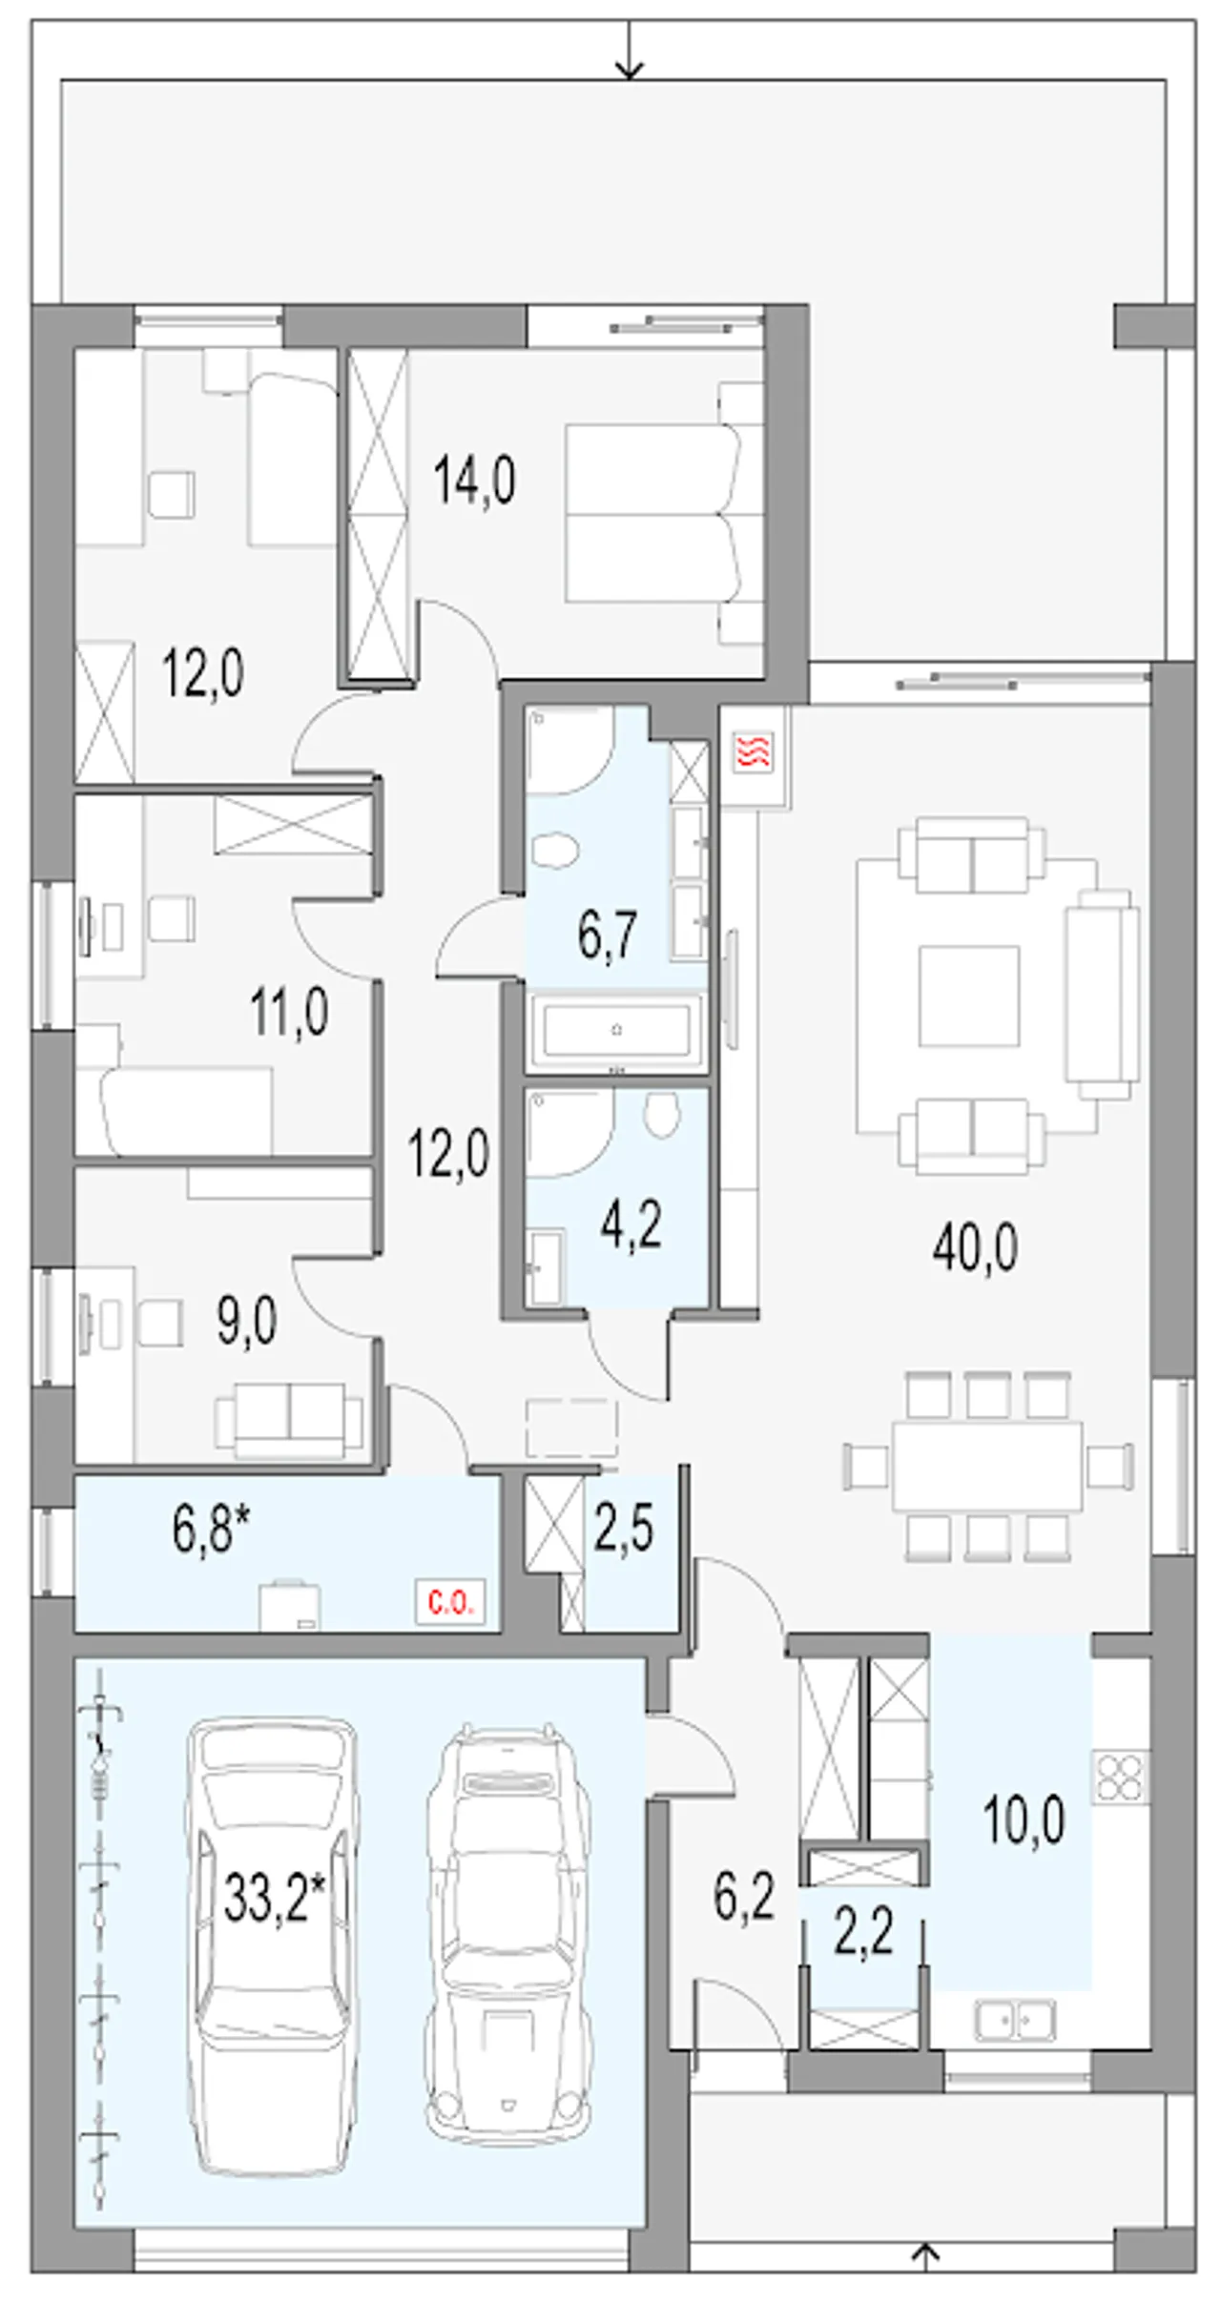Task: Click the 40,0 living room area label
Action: click(x=975, y=1246)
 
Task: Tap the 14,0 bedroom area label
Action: click(x=474, y=479)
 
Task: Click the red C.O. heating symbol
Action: click(x=450, y=1602)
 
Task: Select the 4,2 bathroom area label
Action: click(x=631, y=1224)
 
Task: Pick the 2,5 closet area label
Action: click(x=624, y=1528)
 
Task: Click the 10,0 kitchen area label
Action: click(x=1024, y=1820)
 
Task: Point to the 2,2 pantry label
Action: click(x=863, y=1933)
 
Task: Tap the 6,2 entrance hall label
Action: click(x=744, y=1896)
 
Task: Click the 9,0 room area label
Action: click(x=246, y=1322)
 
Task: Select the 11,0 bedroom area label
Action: click(x=289, y=1012)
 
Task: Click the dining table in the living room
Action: click(x=987, y=1466)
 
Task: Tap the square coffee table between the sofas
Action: click(x=968, y=996)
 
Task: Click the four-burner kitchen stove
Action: click(x=1121, y=1777)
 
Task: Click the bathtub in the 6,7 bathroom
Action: click(x=616, y=1029)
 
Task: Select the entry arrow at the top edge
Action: click(x=629, y=49)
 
